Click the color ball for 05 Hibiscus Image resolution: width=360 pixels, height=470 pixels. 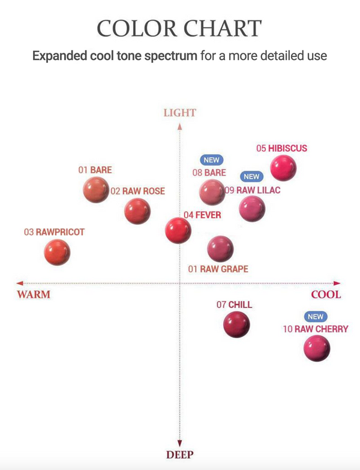tap(283, 168)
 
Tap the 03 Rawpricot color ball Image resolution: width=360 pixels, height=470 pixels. tap(58, 252)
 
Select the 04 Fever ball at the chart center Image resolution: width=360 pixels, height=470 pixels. tap(178, 230)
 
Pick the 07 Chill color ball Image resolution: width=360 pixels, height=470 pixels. tap(236, 324)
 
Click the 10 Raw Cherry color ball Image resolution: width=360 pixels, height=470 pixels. tap(317, 349)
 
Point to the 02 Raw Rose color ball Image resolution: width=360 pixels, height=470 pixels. tap(137, 211)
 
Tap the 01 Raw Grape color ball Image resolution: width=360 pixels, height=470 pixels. tap(220, 248)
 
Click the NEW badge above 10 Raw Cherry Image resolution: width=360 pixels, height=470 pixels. tap(316, 317)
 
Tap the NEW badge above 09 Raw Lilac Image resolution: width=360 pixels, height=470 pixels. tap(251, 176)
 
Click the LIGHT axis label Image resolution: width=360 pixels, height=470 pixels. tap(180, 113)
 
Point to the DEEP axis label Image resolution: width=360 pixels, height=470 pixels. tap(180, 455)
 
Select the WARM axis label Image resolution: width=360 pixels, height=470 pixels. tap(34, 294)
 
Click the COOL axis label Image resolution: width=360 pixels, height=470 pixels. tap(326, 294)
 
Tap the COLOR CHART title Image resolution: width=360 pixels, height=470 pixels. tap(180, 28)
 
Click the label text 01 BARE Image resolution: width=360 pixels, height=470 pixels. tap(95, 170)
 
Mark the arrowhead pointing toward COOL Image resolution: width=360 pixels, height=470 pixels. tap(337, 283)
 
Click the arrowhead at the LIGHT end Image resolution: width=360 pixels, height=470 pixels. tap(180, 126)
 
